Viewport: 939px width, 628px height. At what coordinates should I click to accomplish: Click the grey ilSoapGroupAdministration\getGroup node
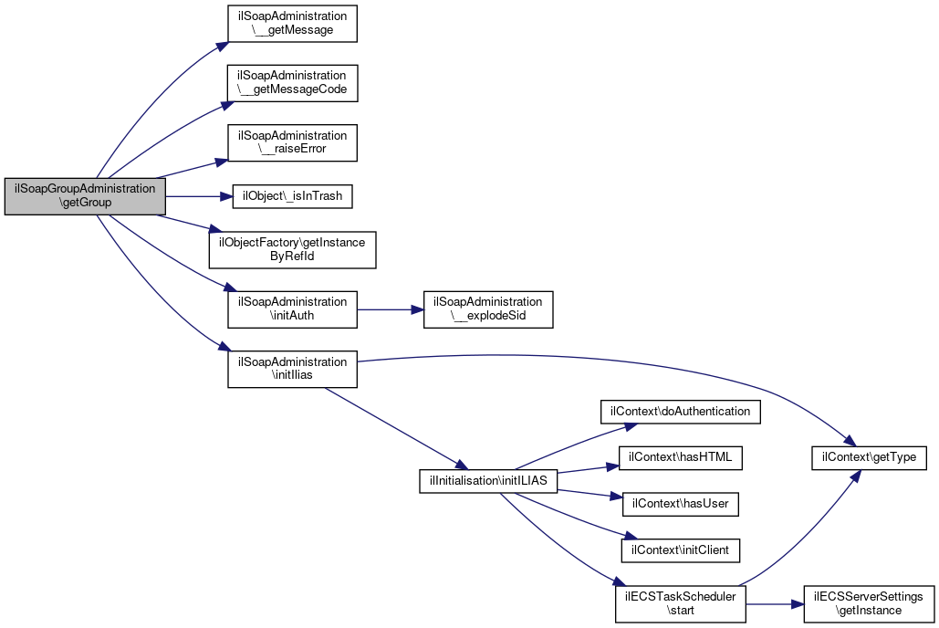[x=85, y=196]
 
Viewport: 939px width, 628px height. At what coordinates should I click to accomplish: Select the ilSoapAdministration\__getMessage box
[x=292, y=24]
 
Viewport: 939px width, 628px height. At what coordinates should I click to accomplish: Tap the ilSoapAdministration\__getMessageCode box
[x=292, y=83]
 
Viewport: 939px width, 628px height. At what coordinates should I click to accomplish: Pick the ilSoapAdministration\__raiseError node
[x=292, y=142]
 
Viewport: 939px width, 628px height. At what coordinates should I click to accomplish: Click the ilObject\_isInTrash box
[x=292, y=196]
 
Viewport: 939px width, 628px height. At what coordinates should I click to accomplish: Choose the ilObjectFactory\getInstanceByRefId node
[x=292, y=249]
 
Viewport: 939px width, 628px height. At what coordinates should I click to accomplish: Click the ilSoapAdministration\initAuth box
[x=292, y=309]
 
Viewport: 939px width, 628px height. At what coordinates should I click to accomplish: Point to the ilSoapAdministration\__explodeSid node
[x=488, y=309]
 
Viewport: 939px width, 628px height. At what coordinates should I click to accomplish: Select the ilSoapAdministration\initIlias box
[x=292, y=369]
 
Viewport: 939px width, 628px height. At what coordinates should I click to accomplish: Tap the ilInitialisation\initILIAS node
[x=489, y=481]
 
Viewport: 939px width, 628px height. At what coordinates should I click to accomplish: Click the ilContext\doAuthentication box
[x=681, y=412]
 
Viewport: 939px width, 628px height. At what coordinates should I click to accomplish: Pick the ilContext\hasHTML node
[x=681, y=458]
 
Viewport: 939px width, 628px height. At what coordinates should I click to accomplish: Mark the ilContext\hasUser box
[x=681, y=504]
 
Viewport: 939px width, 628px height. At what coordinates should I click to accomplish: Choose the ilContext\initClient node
[x=681, y=550]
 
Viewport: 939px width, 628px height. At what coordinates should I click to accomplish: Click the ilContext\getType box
[x=869, y=458]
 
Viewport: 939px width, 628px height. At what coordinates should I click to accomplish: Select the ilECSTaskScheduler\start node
[x=681, y=604]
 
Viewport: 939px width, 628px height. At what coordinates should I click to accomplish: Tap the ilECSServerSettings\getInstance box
[x=869, y=604]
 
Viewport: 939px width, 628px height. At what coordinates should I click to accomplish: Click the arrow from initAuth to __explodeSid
[x=391, y=309]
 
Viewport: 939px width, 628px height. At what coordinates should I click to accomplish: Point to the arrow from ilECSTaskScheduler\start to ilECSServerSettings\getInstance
[x=775, y=604]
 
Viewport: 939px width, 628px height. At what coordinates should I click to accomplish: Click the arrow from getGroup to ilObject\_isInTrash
[x=199, y=196]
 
